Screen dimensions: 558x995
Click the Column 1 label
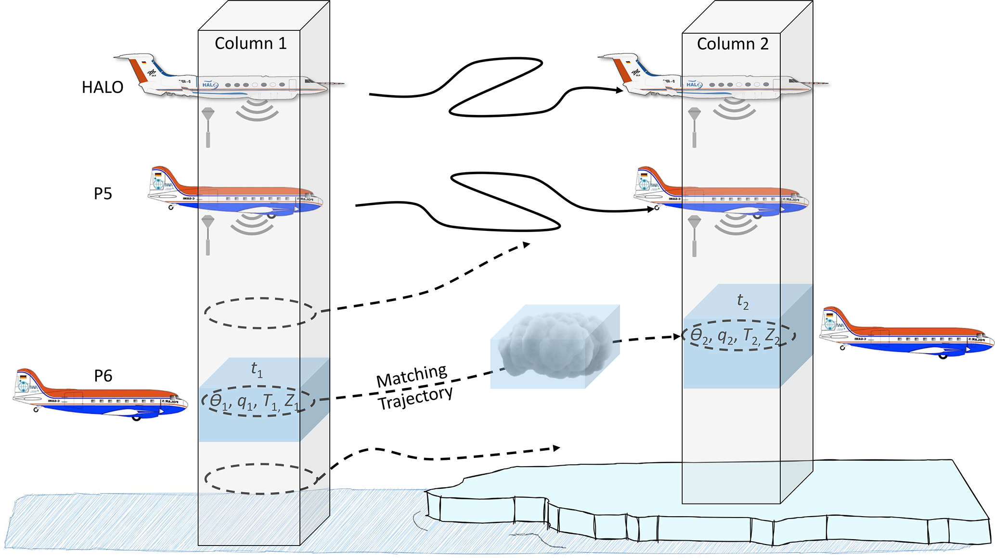(250, 43)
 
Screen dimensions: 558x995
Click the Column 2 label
(732, 44)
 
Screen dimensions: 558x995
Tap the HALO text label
(103, 87)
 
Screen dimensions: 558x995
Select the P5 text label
(103, 193)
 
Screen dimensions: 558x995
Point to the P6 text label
(103, 376)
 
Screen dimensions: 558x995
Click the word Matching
(412, 376)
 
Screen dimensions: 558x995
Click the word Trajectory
(415, 398)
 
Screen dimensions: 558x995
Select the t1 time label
(257, 369)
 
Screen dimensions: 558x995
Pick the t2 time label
(742, 301)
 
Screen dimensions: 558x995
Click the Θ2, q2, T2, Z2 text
(735, 335)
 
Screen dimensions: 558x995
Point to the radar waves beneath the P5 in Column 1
(252, 224)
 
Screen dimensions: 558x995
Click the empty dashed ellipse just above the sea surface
(260, 479)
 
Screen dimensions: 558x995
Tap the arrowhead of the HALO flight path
(620, 89)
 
